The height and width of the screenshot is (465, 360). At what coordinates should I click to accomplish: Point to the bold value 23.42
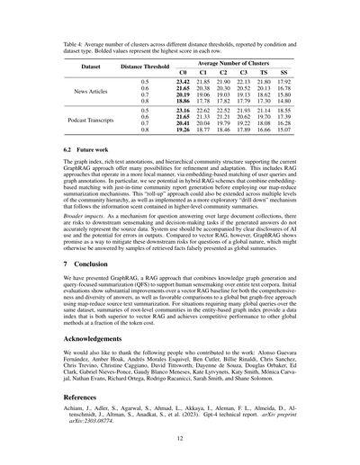[183, 82]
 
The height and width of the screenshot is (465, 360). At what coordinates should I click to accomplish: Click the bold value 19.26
[183, 130]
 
